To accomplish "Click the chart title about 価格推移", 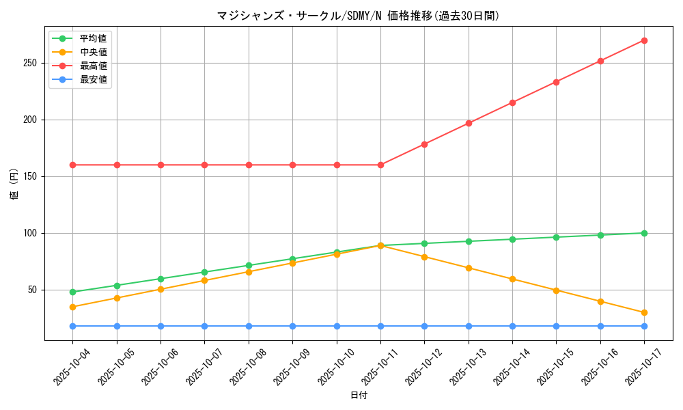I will point(358,16).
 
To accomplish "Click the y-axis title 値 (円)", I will point(14,184).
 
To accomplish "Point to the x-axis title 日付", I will point(358,396).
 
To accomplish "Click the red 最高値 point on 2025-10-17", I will point(644,40).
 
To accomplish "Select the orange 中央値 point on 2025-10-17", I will point(644,313).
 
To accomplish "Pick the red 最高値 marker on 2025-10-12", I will point(424,144).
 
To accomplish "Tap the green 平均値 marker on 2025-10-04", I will point(72,292).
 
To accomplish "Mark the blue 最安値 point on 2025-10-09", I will point(292,326).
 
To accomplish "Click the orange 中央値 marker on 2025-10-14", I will point(512,279).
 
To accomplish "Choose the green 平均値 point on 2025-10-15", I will point(556,237).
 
